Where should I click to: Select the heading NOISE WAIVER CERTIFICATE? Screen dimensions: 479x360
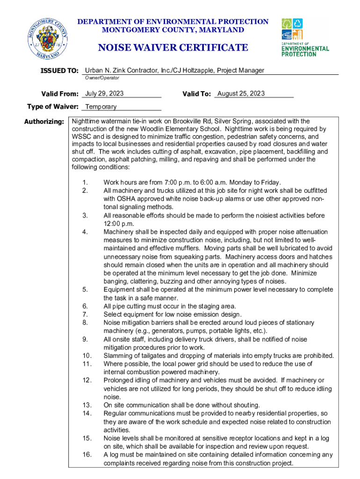pos(173,48)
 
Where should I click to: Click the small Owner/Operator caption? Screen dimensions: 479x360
pos(102,78)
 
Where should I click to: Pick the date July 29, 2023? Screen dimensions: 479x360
pos(104,94)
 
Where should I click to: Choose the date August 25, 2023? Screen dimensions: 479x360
pos(241,94)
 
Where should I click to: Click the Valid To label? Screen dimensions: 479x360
pos(197,94)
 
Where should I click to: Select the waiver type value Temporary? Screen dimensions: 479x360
pos(101,107)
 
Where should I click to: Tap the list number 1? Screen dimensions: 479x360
pos(85,182)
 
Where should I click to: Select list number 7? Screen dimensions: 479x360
pos(85,314)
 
